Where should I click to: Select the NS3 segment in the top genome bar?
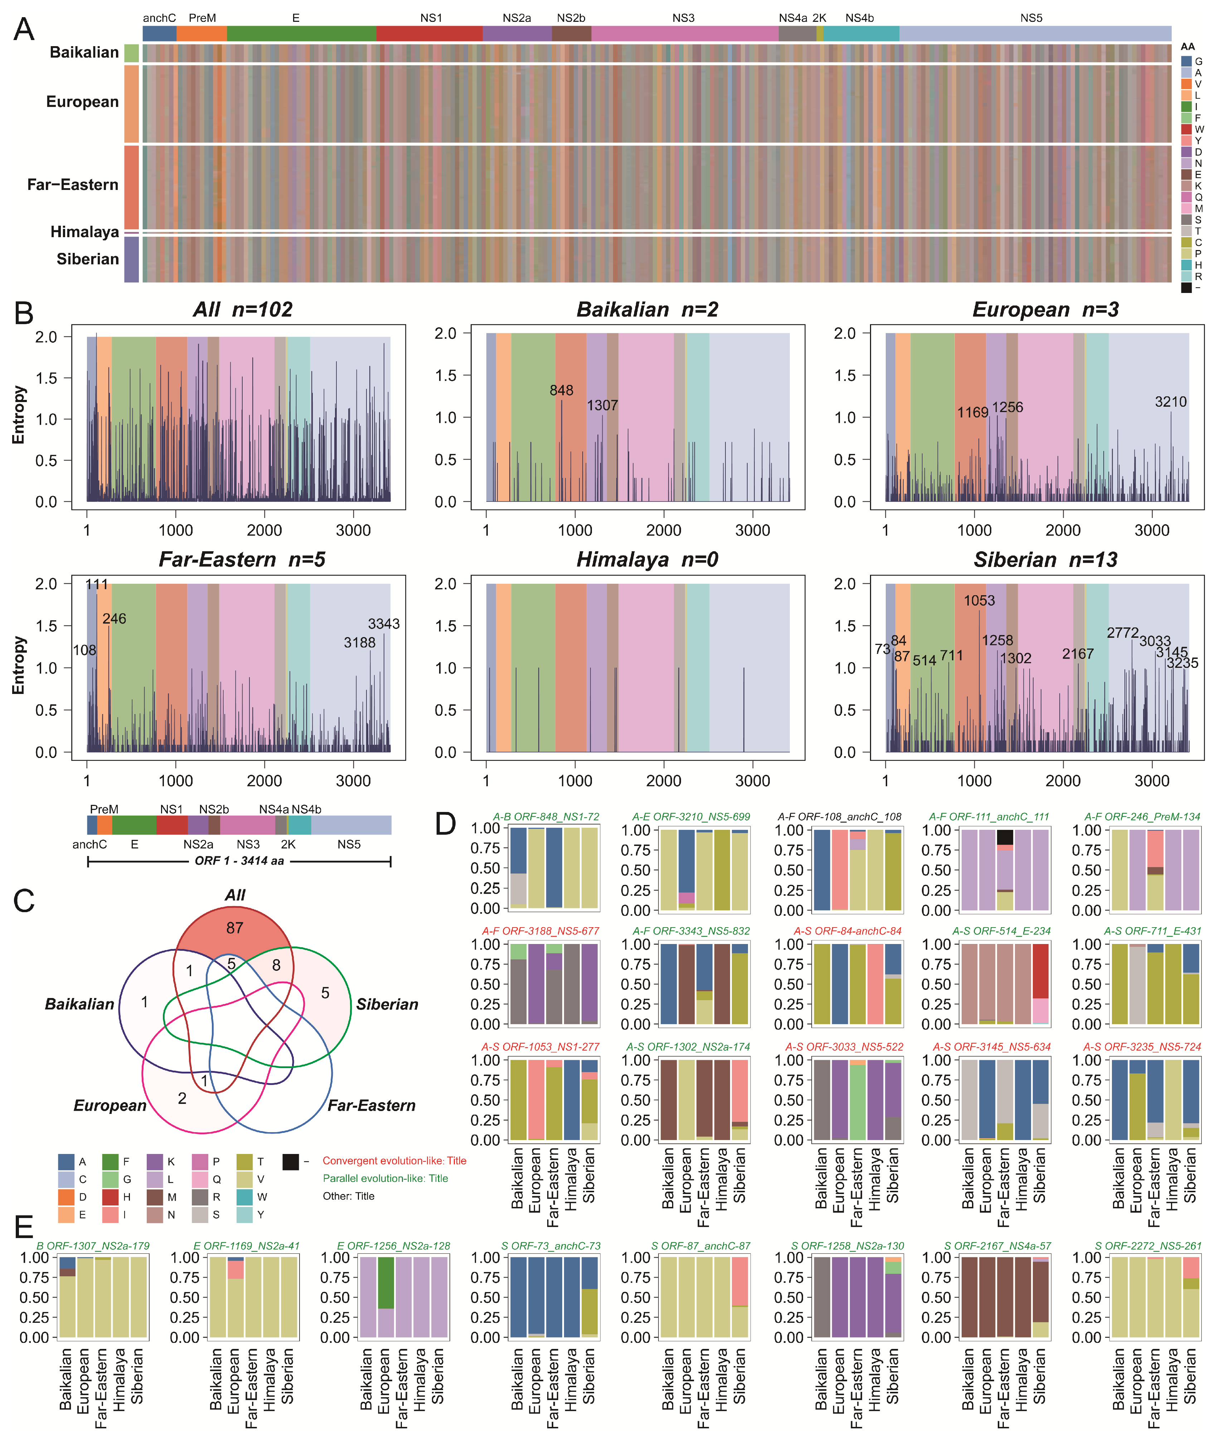coord(684,33)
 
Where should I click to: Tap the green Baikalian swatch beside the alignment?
coord(132,53)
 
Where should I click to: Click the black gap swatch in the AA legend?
coord(1186,288)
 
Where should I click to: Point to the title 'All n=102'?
coord(242,310)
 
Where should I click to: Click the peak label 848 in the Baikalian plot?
coord(562,390)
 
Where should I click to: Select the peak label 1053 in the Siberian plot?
coord(979,600)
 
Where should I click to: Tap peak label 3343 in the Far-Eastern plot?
coord(384,624)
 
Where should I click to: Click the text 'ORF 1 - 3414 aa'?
coord(239,861)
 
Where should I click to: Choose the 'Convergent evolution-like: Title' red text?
coord(394,1161)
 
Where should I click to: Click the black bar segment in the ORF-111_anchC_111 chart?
coord(1005,836)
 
